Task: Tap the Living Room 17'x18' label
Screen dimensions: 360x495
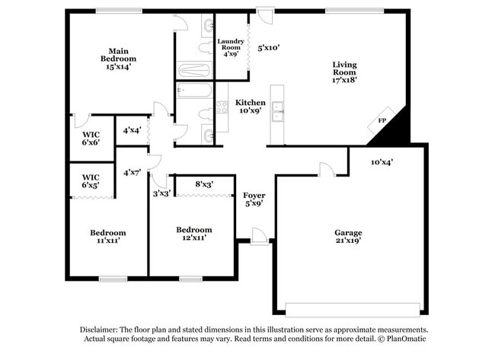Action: [344, 72]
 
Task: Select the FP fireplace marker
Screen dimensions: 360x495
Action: [382, 121]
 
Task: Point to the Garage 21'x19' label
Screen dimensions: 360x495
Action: [348, 237]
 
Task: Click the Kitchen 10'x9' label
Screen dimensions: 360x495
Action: [250, 107]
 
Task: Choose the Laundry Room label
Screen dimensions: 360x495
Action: [230, 47]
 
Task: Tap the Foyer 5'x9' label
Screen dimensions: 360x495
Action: [254, 199]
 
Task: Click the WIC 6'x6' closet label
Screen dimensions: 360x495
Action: [91, 138]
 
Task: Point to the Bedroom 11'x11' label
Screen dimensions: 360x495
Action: [108, 237]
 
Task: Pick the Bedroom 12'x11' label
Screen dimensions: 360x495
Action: [193, 234]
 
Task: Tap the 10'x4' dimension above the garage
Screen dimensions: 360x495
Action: [382, 161]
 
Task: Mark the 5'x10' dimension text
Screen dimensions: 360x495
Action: [269, 47]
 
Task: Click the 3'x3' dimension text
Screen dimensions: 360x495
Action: [161, 193]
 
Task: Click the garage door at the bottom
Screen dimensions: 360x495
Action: [352, 309]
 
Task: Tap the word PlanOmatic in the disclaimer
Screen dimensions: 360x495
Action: [406, 339]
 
